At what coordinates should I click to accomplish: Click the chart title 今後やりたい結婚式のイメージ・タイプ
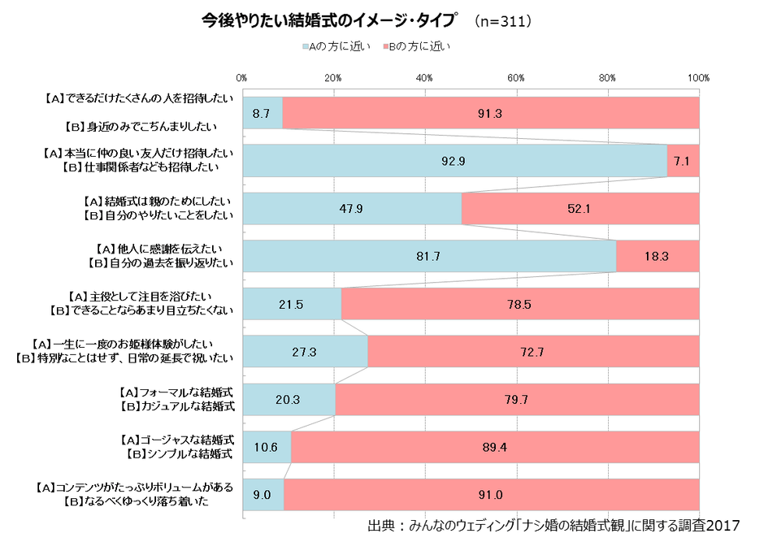(x=330, y=20)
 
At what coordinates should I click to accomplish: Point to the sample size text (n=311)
(x=503, y=20)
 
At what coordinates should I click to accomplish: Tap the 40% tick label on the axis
(x=424, y=77)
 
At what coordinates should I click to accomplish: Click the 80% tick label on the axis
(x=607, y=77)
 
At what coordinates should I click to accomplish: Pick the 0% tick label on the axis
(x=241, y=77)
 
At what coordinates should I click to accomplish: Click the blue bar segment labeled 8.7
(x=262, y=113)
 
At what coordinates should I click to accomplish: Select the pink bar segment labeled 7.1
(x=683, y=161)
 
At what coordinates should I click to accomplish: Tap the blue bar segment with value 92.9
(x=454, y=161)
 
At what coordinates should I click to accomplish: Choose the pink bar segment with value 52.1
(x=580, y=209)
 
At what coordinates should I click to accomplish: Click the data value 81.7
(x=428, y=257)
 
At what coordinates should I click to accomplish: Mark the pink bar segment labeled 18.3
(x=658, y=257)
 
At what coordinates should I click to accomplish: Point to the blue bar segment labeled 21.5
(x=291, y=304)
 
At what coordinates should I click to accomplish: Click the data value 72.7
(x=533, y=352)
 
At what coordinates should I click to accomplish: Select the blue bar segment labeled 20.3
(x=289, y=399)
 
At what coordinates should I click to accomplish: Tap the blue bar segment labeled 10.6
(x=266, y=447)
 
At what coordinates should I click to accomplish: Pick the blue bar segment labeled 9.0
(x=263, y=495)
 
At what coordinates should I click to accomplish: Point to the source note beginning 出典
(x=554, y=526)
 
